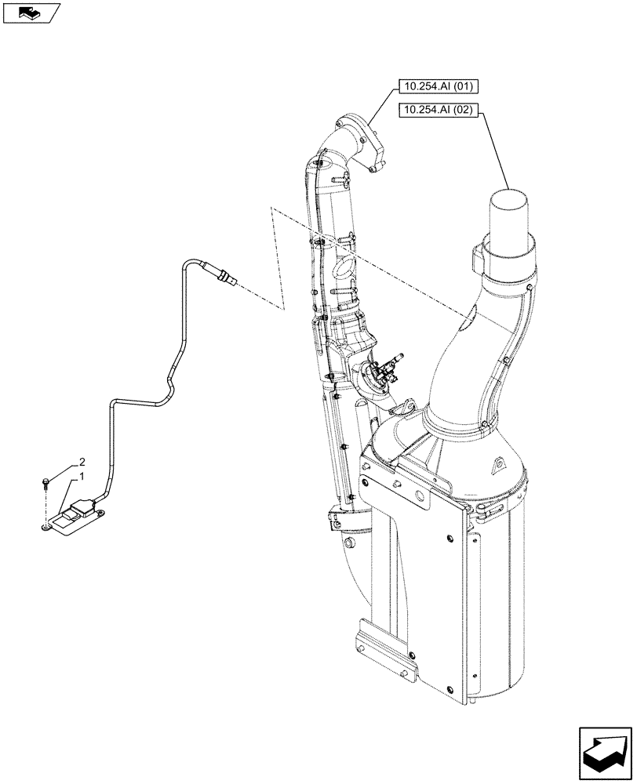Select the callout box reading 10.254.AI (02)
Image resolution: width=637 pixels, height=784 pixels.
(439, 110)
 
